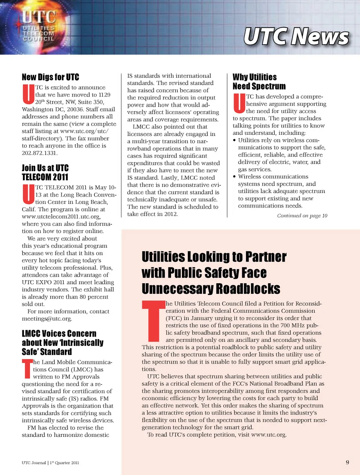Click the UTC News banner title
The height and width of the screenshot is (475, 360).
click(x=296, y=37)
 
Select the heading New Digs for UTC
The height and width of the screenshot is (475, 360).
click(x=50, y=77)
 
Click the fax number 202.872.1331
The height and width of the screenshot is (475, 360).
click(x=40, y=153)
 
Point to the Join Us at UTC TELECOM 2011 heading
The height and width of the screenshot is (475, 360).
click(x=45, y=173)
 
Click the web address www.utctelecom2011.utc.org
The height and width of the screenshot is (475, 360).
click(x=61, y=216)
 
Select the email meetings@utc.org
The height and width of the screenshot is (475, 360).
click(x=47, y=319)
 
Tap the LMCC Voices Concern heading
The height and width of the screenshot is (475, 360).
click(x=62, y=343)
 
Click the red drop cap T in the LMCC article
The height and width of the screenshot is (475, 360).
click(x=27, y=368)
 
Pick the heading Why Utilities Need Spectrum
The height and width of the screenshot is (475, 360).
click(x=259, y=82)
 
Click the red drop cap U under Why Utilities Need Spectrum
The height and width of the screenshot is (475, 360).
click(x=239, y=104)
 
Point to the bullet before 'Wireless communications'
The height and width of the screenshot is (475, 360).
click(x=234, y=177)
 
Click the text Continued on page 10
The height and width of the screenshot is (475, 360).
click(x=302, y=216)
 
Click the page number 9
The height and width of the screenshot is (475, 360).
click(x=347, y=462)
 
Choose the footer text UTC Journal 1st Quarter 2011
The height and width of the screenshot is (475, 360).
click(x=50, y=463)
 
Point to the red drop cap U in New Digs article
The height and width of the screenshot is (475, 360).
click(x=28, y=95)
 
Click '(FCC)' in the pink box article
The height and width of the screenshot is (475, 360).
click(x=173, y=318)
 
